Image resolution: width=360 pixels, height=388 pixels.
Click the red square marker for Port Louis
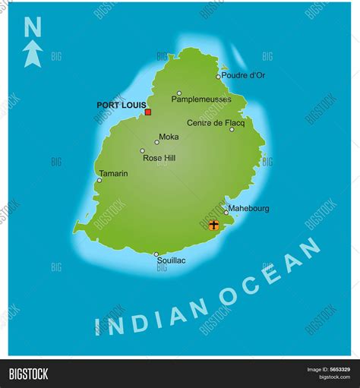(148, 112)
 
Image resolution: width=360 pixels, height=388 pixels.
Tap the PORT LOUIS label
(119, 105)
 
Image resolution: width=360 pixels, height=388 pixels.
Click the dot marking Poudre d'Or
(218, 76)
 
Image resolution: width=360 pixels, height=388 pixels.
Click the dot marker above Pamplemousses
(179, 93)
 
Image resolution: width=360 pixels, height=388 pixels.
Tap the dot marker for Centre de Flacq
(232, 129)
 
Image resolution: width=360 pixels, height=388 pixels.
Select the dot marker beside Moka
(157, 142)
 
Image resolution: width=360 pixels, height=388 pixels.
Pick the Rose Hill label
(159, 158)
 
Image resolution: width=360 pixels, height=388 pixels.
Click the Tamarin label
(113, 173)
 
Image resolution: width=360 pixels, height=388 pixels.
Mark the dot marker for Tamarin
(99, 181)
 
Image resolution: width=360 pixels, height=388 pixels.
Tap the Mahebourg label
(248, 208)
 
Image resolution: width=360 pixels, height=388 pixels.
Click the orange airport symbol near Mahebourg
(213, 225)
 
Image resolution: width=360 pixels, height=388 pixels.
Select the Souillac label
(171, 260)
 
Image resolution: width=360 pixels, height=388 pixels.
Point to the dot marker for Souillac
(156, 254)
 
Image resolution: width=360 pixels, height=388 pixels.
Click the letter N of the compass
(33, 28)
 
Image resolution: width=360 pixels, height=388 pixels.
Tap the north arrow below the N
(33, 53)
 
